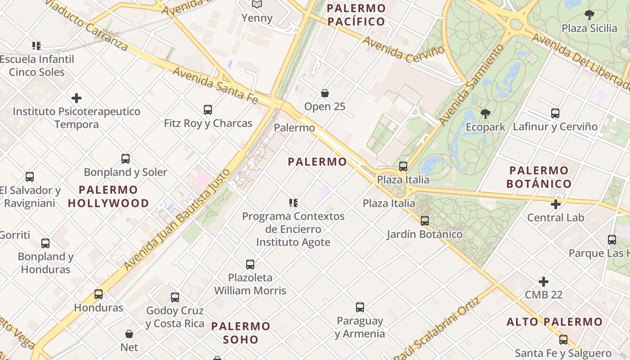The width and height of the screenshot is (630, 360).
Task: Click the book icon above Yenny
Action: [x=257, y=4]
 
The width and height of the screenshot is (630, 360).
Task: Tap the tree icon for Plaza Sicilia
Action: [x=589, y=15]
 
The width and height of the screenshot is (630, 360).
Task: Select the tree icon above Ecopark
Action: [x=485, y=113]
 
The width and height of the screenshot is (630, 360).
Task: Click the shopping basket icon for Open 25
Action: [x=325, y=93]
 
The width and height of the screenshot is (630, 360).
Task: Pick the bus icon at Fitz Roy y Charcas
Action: [x=208, y=109]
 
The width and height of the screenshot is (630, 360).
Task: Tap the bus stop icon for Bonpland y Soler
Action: [x=126, y=158]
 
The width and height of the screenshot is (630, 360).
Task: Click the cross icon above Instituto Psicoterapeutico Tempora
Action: [x=76, y=98]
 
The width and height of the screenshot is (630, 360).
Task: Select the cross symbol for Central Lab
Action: [x=556, y=204]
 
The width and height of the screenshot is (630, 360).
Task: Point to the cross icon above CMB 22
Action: [x=544, y=282]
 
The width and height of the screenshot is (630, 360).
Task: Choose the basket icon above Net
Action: [x=129, y=334]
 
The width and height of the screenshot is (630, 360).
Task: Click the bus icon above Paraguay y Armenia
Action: [x=360, y=307]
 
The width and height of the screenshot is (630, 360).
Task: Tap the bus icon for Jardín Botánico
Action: [x=425, y=221]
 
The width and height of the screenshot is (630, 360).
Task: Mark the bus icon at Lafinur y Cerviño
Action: [x=555, y=113]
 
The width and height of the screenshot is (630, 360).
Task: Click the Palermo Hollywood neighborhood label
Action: [x=108, y=196]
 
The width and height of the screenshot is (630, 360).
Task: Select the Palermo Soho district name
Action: [x=241, y=333]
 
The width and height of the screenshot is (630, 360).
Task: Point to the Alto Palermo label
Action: [x=554, y=322]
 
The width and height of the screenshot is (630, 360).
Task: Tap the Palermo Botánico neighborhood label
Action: [x=539, y=177]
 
